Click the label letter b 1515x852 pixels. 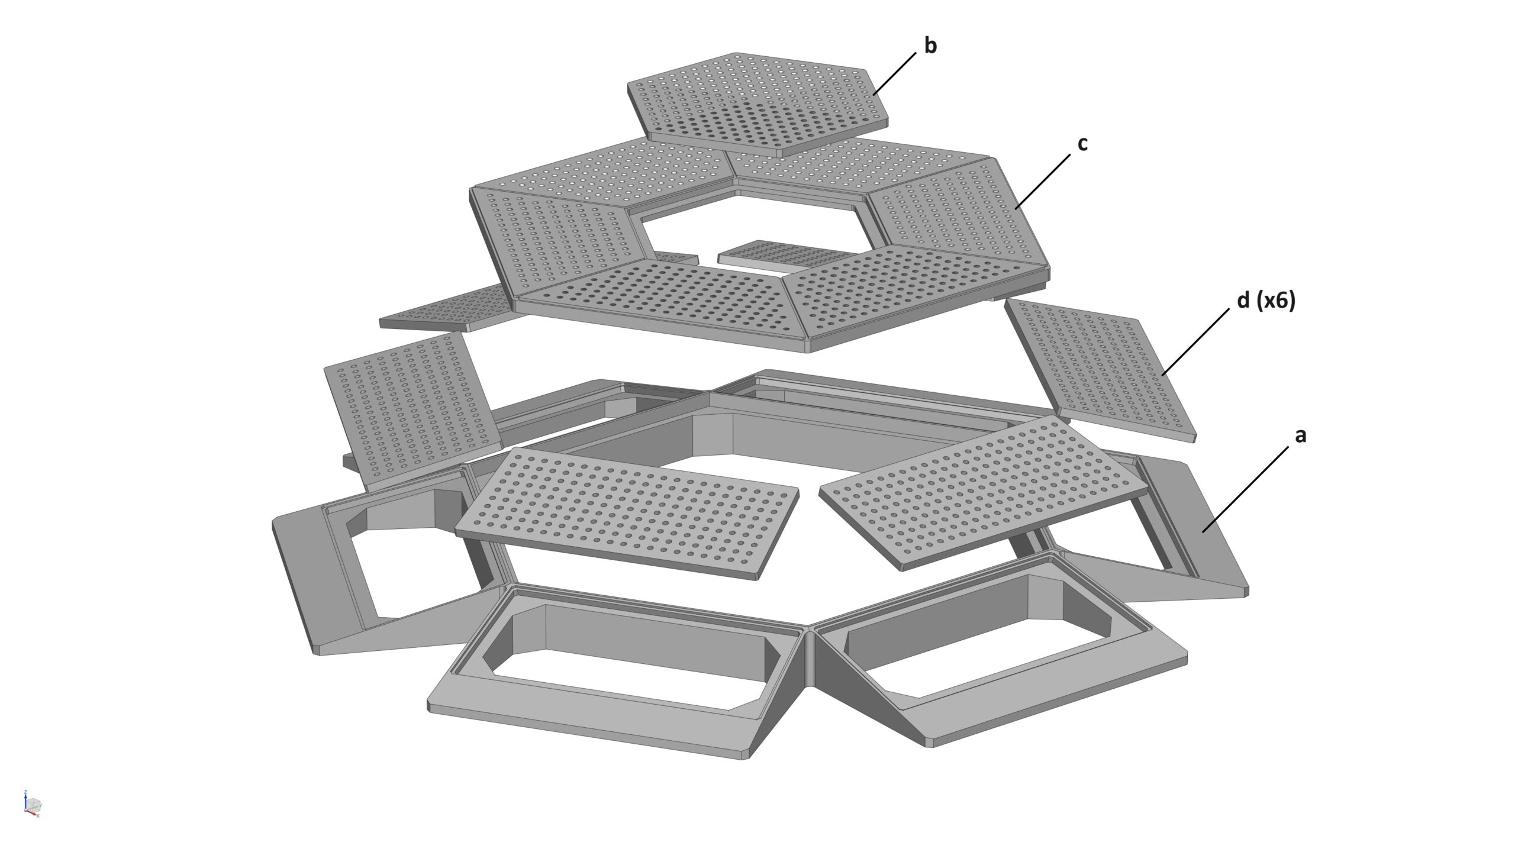pyautogui.click(x=930, y=46)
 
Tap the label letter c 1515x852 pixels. pyautogui.click(x=1082, y=144)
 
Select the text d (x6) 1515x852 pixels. pyautogui.click(x=1266, y=301)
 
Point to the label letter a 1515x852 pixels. pyautogui.click(x=1301, y=436)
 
